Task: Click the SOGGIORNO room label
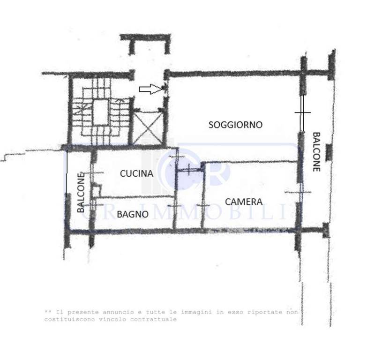click(235, 125)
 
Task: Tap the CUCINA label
click(136, 173)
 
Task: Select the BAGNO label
click(133, 214)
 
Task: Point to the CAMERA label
click(244, 202)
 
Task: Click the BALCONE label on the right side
click(316, 152)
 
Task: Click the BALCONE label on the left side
click(81, 192)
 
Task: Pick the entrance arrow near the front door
click(150, 89)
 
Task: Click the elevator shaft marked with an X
click(148, 127)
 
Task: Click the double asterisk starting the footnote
click(48, 312)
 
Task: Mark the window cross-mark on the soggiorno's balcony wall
click(303, 112)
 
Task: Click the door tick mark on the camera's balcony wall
click(298, 192)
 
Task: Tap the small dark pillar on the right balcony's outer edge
click(329, 152)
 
